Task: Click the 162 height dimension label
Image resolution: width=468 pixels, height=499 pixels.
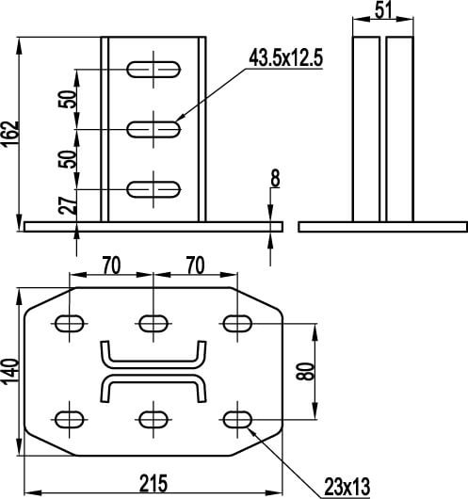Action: (x=10, y=135)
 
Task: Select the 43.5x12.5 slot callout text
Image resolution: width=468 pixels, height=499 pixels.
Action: (x=285, y=57)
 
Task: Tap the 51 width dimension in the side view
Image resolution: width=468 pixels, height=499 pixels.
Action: (x=383, y=10)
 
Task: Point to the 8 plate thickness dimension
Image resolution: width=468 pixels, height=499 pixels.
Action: (x=275, y=178)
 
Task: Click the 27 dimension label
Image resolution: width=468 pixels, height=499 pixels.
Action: (x=68, y=205)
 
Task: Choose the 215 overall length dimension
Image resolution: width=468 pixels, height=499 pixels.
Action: (x=153, y=483)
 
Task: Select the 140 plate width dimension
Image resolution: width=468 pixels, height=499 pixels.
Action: (x=10, y=372)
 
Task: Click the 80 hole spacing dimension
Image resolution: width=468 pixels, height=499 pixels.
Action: (x=305, y=371)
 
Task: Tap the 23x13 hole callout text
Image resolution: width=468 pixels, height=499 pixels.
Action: (x=347, y=487)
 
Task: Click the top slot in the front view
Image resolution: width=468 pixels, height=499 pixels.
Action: (x=153, y=70)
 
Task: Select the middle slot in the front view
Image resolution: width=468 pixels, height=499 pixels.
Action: (x=153, y=129)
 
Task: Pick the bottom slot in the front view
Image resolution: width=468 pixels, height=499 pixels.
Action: (x=153, y=189)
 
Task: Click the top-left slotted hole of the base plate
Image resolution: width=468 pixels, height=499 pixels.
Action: (x=70, y=323)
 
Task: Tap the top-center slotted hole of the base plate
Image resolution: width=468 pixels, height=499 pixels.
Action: (x=153, y=323)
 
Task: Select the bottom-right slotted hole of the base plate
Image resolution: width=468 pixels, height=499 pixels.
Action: (x=237, y=419)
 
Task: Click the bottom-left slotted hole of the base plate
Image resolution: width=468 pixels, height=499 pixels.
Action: (x=70, y=419)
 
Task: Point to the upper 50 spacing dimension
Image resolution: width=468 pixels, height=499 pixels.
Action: (x=68, y=99)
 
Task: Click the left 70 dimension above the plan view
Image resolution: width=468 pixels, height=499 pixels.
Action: (x=111, y=266)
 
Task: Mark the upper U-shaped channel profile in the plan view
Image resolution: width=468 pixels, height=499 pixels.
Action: (x=153, y=364)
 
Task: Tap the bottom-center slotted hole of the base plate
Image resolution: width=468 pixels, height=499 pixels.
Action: (x=153, y=419)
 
